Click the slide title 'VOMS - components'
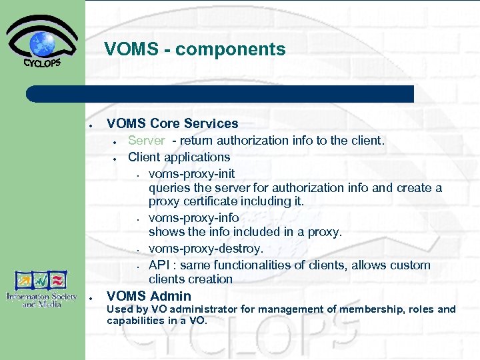coord(195,49)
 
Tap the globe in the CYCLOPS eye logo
coord(42,43)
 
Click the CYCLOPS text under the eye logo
coord(42,63)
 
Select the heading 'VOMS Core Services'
coord(172,123)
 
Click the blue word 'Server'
coord(146,140)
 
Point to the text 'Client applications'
coord(179,157)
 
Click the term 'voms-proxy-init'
coord(191,173)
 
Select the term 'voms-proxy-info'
coord(193,217)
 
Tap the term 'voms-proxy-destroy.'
coord(206,249)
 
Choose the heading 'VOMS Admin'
coord(149,296)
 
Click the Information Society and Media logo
coord(43,289)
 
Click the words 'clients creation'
coord(191,279)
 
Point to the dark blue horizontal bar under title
coord(220,94)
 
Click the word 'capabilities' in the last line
coord(137,321)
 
